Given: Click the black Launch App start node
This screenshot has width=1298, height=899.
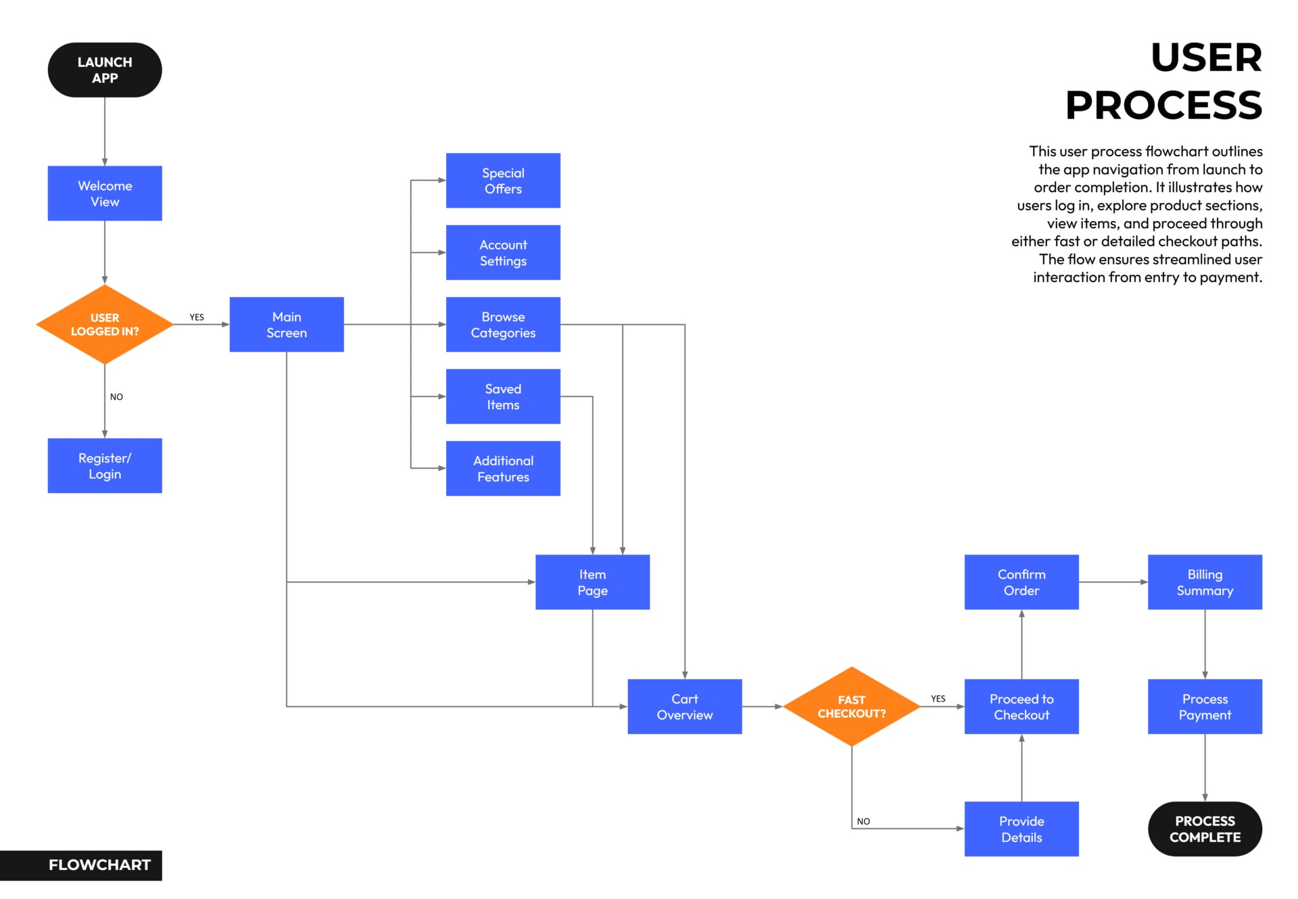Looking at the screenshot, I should click(105, 70).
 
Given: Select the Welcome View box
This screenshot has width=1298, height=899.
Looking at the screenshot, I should click(105, 193).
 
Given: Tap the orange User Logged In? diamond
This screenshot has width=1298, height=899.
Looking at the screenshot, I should click(105, 325).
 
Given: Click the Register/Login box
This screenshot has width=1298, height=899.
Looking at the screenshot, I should click(105, 466).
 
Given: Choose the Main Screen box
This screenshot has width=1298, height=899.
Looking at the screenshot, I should click(287, 325).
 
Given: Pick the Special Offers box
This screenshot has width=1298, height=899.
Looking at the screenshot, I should click(503, 181).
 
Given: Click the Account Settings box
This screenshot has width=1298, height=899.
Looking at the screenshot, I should click(503, 252).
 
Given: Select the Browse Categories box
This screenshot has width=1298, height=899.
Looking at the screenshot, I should click(503, 325).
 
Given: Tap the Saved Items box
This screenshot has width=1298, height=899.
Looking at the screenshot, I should click(503, 396).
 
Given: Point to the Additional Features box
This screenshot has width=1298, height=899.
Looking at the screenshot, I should click(503, 469).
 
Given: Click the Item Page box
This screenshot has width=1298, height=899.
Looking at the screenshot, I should click(592, 582).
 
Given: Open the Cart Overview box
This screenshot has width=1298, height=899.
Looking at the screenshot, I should click(684, 707).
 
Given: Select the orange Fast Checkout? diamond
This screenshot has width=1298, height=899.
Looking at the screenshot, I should click(851, 707).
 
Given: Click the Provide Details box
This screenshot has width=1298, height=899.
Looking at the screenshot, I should click(1021, 829).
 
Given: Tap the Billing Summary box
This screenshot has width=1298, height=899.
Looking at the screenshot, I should click(1205, 582).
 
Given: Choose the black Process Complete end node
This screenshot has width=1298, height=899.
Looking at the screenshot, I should click(1205, 829).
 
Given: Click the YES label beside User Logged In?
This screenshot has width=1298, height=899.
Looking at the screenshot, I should click(197, 317).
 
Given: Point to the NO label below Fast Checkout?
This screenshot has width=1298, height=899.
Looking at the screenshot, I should click(863, 821).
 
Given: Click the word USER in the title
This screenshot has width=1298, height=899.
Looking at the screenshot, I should click(1206, 57).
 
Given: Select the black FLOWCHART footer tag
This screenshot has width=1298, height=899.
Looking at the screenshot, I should click(99, 865).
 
